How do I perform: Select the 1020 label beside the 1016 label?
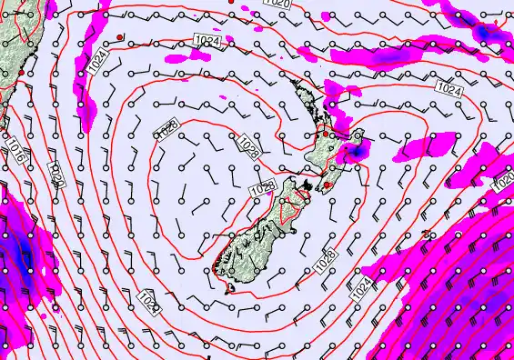tap(55, 173)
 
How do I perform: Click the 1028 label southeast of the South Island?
tap(328, 256)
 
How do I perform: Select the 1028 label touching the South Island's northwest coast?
tap(263, 188)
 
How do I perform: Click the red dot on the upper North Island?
tap(324, 134)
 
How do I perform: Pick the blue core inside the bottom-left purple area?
tap(20, 245)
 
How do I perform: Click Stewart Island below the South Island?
tap(230, 290)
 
